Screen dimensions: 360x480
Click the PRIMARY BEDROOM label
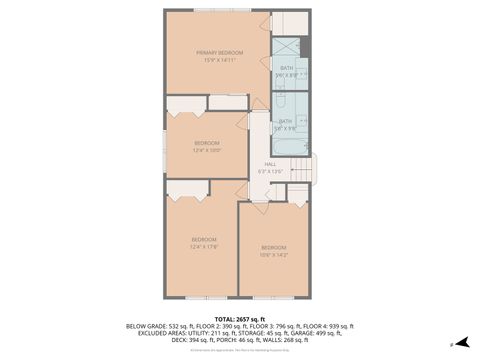pyautogui.click(x=217, y=52)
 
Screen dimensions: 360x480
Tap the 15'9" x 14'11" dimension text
pyautogui.click(x=217, y=60)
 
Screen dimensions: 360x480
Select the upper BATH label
pyautogui.click(x=286, y=67)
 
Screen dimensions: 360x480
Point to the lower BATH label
pyautogui.click(x=286, y=121)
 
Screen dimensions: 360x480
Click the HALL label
pyautogui.click(x=270, y=164)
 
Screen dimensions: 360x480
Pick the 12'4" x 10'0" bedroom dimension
pyautogui.click(x=206, y=151)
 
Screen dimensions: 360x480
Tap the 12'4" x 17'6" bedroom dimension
pyautogui.click(x=204, y=247)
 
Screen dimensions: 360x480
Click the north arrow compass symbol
pyautogui.click(x=462, y=342)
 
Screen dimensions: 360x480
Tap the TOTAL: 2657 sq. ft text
pyautogui.click(x=240, y=317)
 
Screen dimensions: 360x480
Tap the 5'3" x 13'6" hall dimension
pyautogui.click(x=270, y=172)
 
